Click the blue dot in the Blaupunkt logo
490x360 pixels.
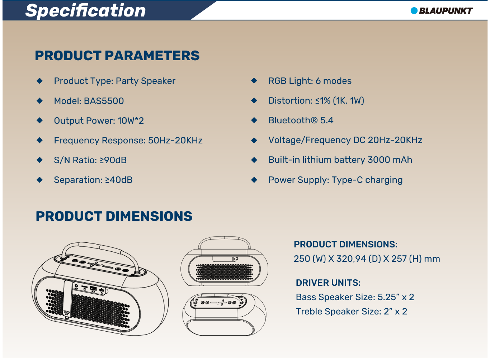[x=414, y=10]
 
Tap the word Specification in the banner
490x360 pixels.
[x=85, y=11]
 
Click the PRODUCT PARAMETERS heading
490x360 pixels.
[x=117, y=56]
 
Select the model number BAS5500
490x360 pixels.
[x=104, y=101]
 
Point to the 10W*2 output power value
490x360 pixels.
[x=131, y=120]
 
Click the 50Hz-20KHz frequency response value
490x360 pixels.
[x=175, y=140]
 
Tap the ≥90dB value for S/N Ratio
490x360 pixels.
[x=113, y=160]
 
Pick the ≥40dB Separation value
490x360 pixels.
[x=119, y=180]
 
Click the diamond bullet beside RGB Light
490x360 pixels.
[x=254, y=80]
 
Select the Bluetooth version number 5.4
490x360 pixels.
[x=327, y=120]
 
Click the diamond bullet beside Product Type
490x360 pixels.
[x=39, y=81]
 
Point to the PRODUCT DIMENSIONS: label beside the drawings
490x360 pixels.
[x=346, y=244]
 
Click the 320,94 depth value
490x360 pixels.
[x=351, y=259]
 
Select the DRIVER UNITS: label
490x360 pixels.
[x=328, y=283]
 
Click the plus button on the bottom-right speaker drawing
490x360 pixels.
[x=222, y=303]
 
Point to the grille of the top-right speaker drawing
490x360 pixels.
[x=224, y=272]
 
